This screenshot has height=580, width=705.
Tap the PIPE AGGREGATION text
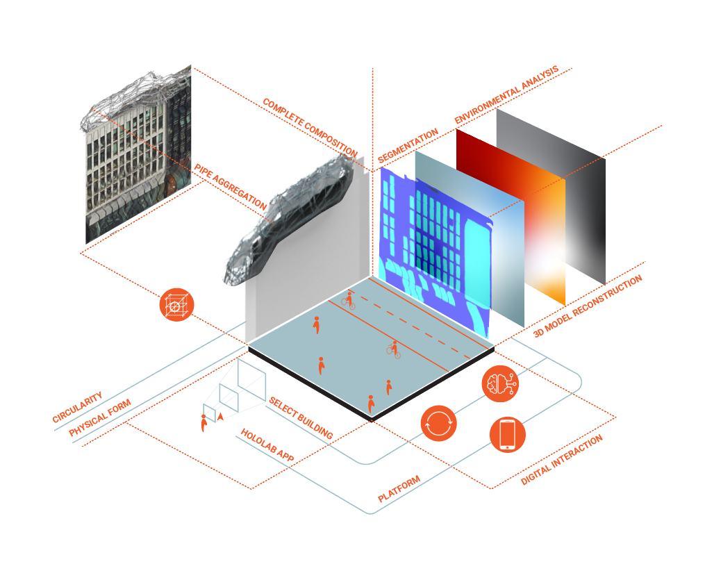[230, 187]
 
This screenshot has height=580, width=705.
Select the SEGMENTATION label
[408, 147]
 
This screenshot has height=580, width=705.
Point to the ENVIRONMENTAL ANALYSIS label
[506, 96]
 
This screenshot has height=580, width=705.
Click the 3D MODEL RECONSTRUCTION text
[588, 306]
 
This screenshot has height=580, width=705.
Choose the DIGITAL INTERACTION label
[562, 459]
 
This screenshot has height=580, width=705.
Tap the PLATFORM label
[399, 489]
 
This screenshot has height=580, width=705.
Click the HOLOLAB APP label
[267, 445]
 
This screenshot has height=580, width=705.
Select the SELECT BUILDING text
[301, 418]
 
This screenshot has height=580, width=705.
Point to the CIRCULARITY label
[77, 407]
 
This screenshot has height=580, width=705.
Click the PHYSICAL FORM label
[100, 419]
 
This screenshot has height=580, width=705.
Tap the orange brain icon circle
[501, 384]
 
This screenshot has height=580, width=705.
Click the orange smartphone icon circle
[508, 434]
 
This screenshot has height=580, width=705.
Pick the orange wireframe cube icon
[176, 306]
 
